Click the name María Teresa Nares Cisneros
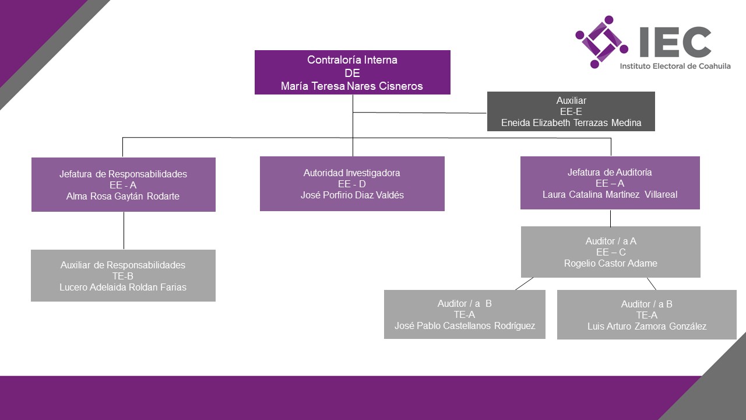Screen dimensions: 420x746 (351, 86)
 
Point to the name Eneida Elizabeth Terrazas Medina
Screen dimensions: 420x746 (571, 123)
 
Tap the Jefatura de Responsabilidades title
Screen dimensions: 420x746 (123, 174)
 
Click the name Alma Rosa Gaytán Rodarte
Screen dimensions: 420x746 (123, 196)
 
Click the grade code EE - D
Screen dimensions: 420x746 (352, 184)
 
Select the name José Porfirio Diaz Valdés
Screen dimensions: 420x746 (352, 195)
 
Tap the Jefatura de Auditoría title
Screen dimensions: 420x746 (610, 172)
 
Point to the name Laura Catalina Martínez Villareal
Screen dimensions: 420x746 (610, 194)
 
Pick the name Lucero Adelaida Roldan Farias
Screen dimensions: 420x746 (123, 287)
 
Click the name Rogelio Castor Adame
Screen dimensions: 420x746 (610, 263)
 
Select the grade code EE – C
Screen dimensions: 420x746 (610, 252)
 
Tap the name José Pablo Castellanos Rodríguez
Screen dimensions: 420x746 (465, 325)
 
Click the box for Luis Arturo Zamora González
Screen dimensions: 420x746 (646, 315)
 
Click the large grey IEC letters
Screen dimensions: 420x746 (674, 41)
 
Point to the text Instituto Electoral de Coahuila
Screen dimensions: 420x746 (675, 66)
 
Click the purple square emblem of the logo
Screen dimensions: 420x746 (601, 41)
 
